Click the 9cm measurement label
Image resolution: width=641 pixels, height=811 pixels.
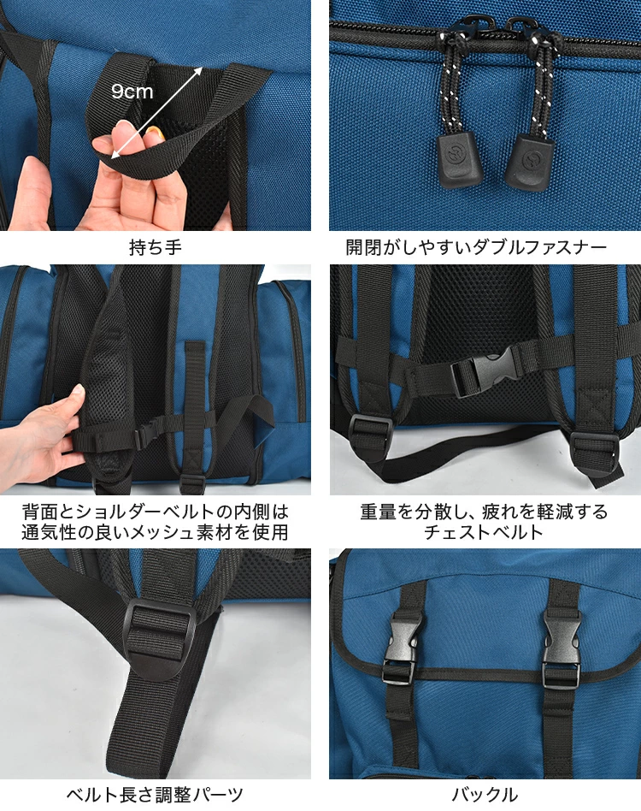coord(132,92)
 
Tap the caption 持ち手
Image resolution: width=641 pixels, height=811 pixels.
coord(156,247)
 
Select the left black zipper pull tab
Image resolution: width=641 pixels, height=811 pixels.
coord(456,157)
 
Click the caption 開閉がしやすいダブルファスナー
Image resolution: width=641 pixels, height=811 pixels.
coord(476,247)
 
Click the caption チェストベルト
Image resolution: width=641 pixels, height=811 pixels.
coord(484,532)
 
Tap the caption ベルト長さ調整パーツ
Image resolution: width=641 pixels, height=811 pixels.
coord(155,794)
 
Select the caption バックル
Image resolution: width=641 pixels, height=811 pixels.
coord(485,794)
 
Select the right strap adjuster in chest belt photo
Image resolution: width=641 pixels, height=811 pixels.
coord(593,450)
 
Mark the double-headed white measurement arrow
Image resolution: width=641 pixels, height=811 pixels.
coord(156,112)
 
